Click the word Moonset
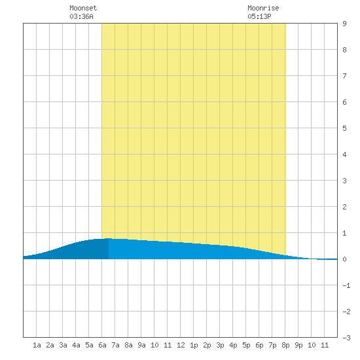coord(83,8)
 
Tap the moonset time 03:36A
coord(82,16)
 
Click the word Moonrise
coord(263,8)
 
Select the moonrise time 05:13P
coord(259,16)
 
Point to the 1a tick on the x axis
coord(37,345)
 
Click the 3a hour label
coord(63,345)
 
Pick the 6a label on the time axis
coord(102,345)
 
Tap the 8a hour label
coord(128,345)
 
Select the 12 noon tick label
coord(181,345)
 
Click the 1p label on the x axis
coord(194,345)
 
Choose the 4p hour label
coord(233,345)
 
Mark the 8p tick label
coord(285,345)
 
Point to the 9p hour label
coord(298,345)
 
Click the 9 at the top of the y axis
coord(344,24)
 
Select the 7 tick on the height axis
coord(344,76)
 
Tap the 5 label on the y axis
coord(344,128)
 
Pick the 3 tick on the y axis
coord(344,181)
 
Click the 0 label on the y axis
coord(344,259)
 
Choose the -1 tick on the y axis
coord(346,285)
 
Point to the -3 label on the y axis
coord(346,338)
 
